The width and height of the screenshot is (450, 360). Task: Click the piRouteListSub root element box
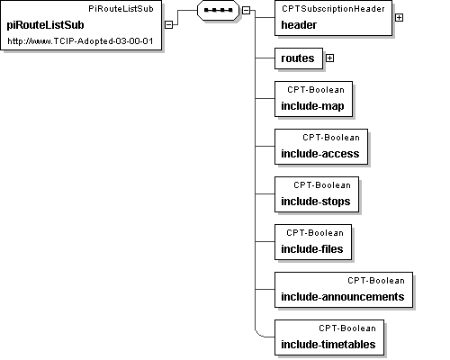pos(81,25)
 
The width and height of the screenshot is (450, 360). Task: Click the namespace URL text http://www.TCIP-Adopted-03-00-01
pos(80,41)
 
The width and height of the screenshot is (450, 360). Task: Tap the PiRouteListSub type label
pos(121,9)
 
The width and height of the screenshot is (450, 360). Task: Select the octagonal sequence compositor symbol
pos(218,10)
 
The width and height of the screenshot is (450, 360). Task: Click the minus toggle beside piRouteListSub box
pos(169,24)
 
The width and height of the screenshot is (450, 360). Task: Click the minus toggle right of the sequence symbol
pos(246,10)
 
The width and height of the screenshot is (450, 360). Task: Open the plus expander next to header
pos(399,18)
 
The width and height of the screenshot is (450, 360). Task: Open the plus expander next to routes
pos(329,58)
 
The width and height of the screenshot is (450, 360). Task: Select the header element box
pos(333,18)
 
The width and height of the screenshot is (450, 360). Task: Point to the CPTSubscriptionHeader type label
pos(333,9)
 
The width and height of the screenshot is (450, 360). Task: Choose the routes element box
pos(299,58)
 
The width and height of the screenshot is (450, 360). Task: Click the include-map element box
pos(313,99)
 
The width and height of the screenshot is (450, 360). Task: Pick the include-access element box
pos(321,147)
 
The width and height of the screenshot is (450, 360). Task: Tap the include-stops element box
pos(317,194)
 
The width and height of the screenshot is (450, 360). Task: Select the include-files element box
pos(313,242)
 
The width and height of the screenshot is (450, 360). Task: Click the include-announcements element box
pos(344,290)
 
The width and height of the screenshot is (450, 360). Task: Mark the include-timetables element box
pos(329,337)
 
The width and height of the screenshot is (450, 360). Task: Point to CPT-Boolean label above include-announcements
pos(376,281)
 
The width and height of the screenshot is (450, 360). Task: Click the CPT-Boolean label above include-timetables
pos(347,328)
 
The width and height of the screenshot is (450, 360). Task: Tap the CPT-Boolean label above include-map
pos(316,90)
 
